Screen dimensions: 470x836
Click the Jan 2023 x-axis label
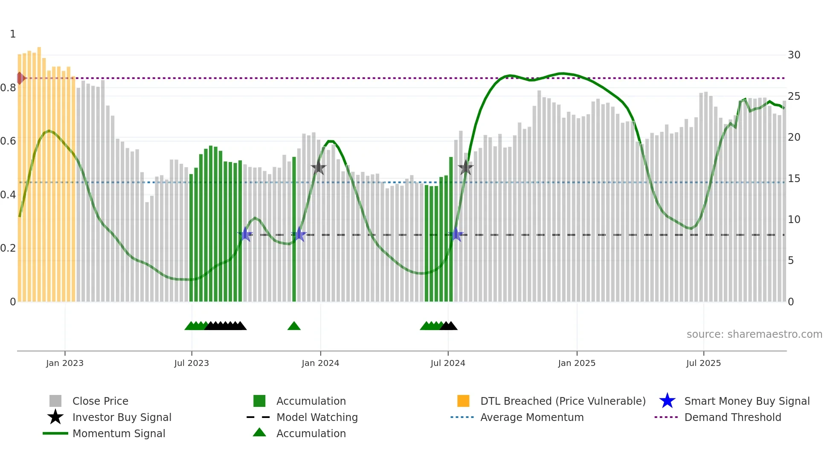pyautogui.click(x=65, y=363)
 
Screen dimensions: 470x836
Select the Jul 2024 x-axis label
pyautogui.click(x=448, y=363)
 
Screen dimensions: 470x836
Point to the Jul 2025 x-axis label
pyautogui.click(x=703, y=363)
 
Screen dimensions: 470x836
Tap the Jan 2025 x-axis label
pyautogui.click(x=577, y=363)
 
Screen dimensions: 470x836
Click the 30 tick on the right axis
pyautogui.click(x=794, y=55)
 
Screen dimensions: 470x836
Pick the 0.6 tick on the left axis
pyautogui.click(x=8, y=141)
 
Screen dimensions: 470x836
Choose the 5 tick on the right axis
pyautogui.click(x=791, y=261)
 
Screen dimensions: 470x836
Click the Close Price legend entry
pyautogui.click(x=100, y=401)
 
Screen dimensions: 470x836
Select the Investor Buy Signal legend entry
pyautogui.click(x=122, y=417)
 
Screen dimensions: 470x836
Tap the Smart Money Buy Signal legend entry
pyautogui.click(x=747, y=401)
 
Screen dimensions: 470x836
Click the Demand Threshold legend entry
pyautogui.click(x=732, y=417)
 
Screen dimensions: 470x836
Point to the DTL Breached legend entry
pyautogui.click(x=563, y=401)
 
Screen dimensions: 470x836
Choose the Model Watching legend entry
pyautogui.click(x=317, y=417)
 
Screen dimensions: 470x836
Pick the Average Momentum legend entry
pyautogui.click(x=532, y=417)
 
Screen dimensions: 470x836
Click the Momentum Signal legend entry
pyautogui.click(x=119, y=433)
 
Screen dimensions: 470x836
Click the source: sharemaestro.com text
pyautogui.click(x=754, y=334)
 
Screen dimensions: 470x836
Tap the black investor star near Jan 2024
pyautogui.click(x=318, y=168)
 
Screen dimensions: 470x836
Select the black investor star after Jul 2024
pyautogui.click(x=466, y=168)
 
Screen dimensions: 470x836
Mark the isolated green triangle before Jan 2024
pyautogui.click(x=294, y=326)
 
